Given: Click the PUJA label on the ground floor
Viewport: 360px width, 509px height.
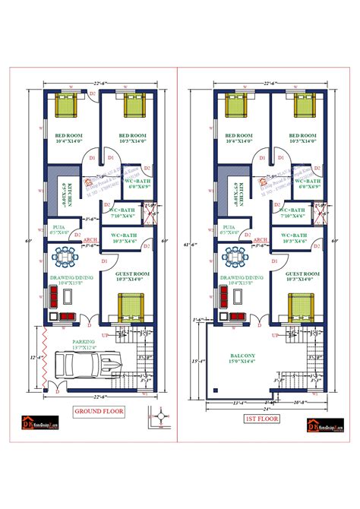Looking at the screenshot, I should [58, 226].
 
